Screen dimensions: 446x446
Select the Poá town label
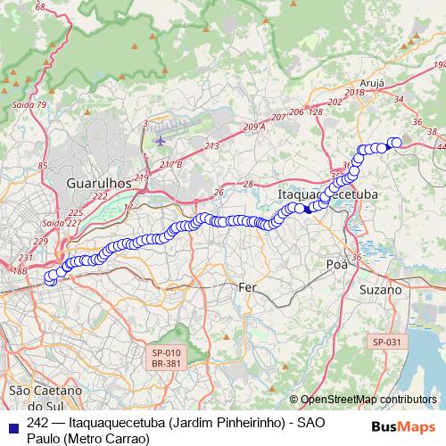[x=336, y=264]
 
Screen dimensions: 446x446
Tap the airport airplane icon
[x=161, y=139]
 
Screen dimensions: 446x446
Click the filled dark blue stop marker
[x=307, y=210]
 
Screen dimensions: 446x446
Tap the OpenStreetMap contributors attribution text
[x=368, y=400]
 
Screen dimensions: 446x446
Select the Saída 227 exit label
[x=61, y=222]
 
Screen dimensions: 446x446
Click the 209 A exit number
[x=253, y=128]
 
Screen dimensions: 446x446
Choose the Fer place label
[x=248, y=287]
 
